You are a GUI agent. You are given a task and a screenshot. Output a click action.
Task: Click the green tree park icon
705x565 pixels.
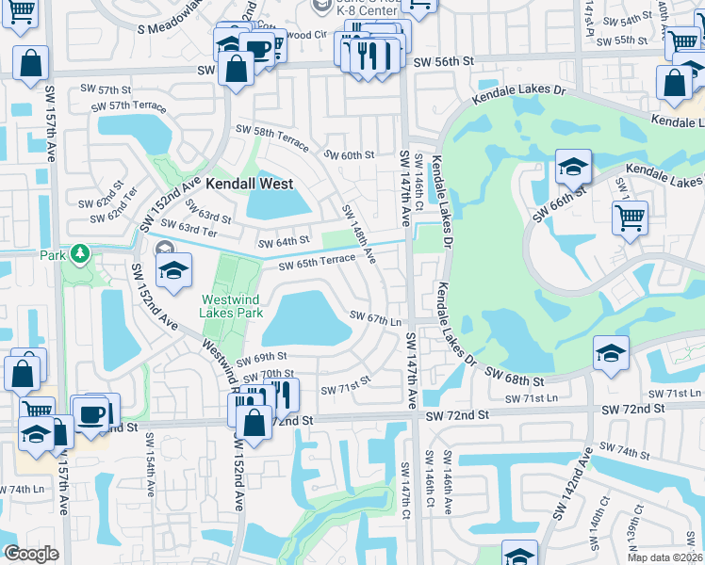coord(81,253)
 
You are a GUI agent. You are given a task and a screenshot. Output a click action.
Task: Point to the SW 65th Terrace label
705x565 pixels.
coord(316,262)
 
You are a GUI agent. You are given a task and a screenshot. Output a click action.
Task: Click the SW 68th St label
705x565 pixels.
coord(516,377)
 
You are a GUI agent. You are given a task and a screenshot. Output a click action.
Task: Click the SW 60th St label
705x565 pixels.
coord(349,154)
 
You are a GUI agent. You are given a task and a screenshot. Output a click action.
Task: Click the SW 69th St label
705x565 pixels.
coord(261,358)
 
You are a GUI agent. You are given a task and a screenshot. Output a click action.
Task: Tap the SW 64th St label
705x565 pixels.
coord(285,241)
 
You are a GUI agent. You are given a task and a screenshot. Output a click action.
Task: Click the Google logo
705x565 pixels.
coord(31,554)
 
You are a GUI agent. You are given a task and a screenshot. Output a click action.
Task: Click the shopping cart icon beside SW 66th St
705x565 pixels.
coord(630,219)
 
